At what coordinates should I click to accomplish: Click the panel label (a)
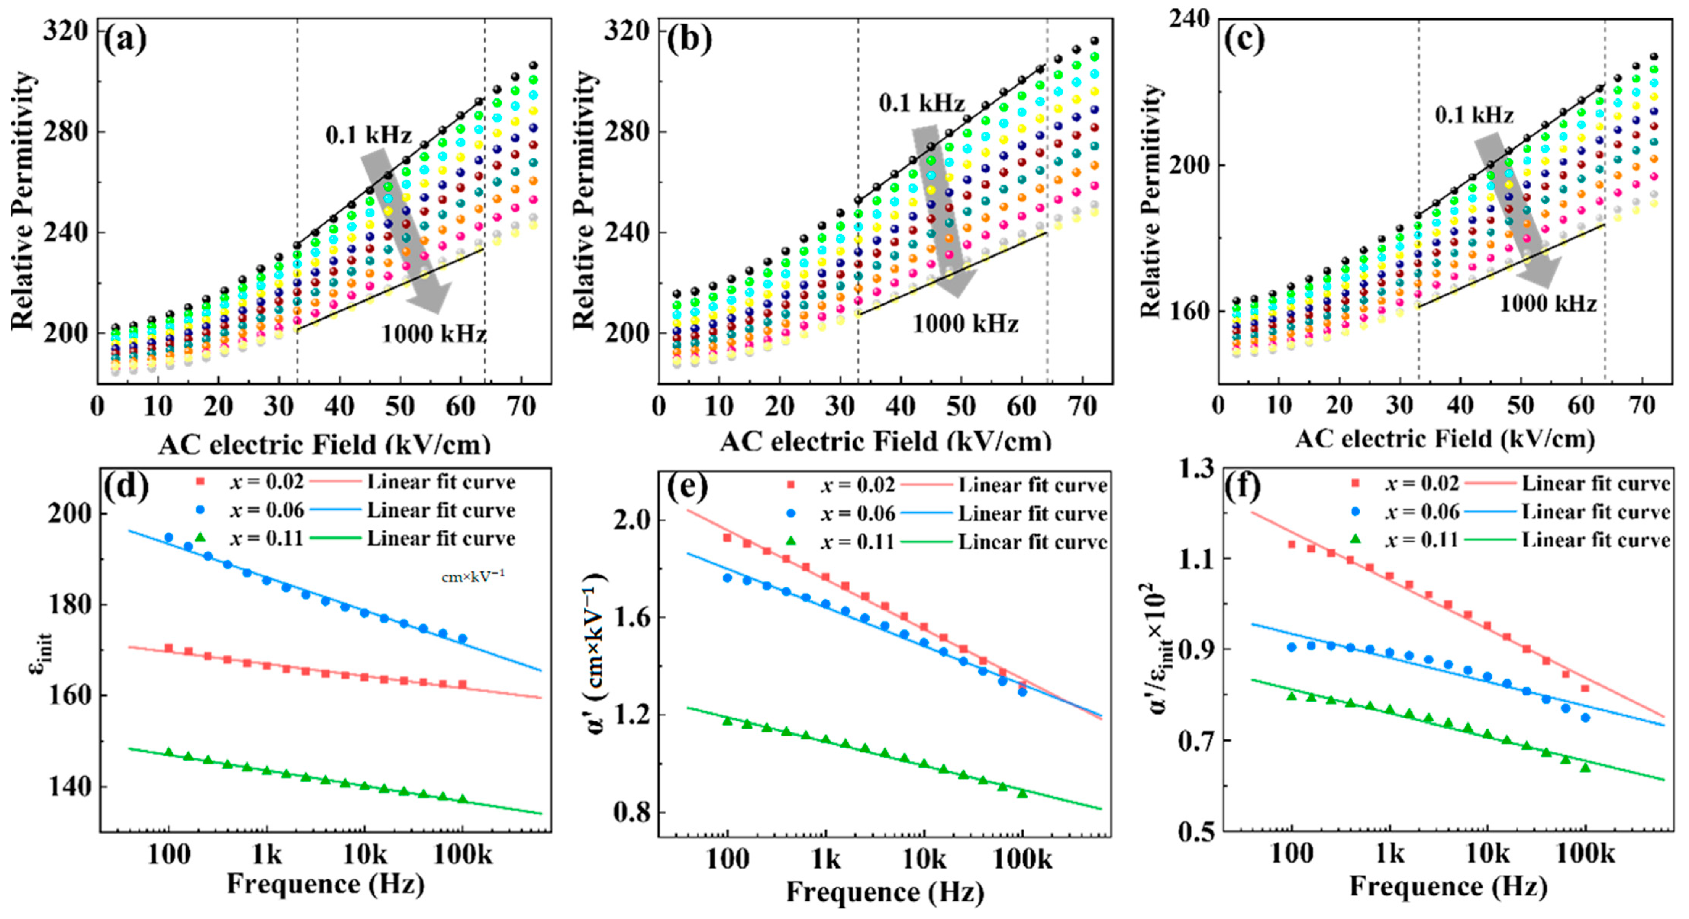pos(124,41)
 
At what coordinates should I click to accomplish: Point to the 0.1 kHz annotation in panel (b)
pos(921,103)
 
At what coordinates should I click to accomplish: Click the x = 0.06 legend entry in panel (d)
pos(266,510)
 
